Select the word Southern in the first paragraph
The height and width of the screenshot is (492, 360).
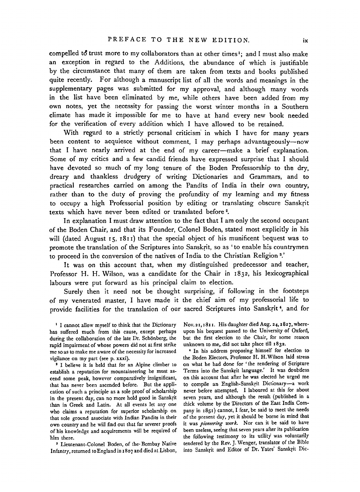click(293, 107)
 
